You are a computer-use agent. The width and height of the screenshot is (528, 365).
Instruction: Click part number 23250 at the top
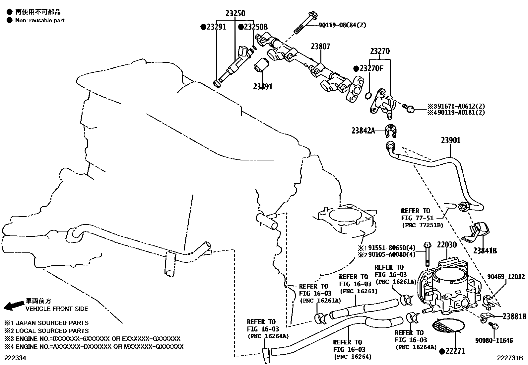tap(235, 14)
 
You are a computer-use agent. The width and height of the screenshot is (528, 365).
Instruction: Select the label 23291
tap(216, 27)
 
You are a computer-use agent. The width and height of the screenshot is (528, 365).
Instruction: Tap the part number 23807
tap(320, 47)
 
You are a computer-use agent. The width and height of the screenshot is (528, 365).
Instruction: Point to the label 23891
tap(263, 87)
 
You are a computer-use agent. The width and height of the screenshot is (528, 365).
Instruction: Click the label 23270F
tap(371, 69)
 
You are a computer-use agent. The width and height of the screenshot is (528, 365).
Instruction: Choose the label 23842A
tap(363, 131)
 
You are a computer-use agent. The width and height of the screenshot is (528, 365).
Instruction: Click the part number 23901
tap(451, 140)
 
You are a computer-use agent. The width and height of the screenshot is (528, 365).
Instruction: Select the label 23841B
tap(485, 251)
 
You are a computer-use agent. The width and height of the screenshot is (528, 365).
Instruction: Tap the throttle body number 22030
tap(447, 245)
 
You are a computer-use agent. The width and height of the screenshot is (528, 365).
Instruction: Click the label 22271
tap(455, 351)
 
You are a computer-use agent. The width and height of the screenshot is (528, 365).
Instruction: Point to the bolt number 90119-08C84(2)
tap(342, 25)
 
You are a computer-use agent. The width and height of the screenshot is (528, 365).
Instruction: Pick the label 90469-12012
tap(506, 276)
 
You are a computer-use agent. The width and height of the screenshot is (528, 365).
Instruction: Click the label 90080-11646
tap(494, 340)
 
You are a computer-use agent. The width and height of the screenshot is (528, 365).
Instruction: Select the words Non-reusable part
tap(40, 20)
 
